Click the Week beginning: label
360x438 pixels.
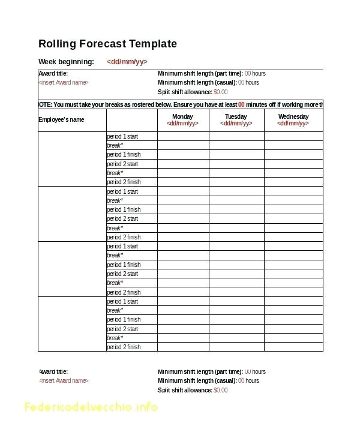tap(66, 62)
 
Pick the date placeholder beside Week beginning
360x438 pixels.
tap(127, 62)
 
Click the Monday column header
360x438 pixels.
tap(182, 116)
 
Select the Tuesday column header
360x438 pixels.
tap(236, 116)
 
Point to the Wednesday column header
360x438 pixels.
tap(293, 116)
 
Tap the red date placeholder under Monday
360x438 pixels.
tap(182, 124)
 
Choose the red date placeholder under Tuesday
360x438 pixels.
tap(236, 124)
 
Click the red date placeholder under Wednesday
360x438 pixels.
tap(293, 124)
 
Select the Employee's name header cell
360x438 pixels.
tap(61, 119)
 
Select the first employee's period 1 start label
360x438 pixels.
tap(122, 137)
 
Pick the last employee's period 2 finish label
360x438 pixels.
tap(124, 347)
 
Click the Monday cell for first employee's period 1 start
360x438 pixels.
tap(182, 137)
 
